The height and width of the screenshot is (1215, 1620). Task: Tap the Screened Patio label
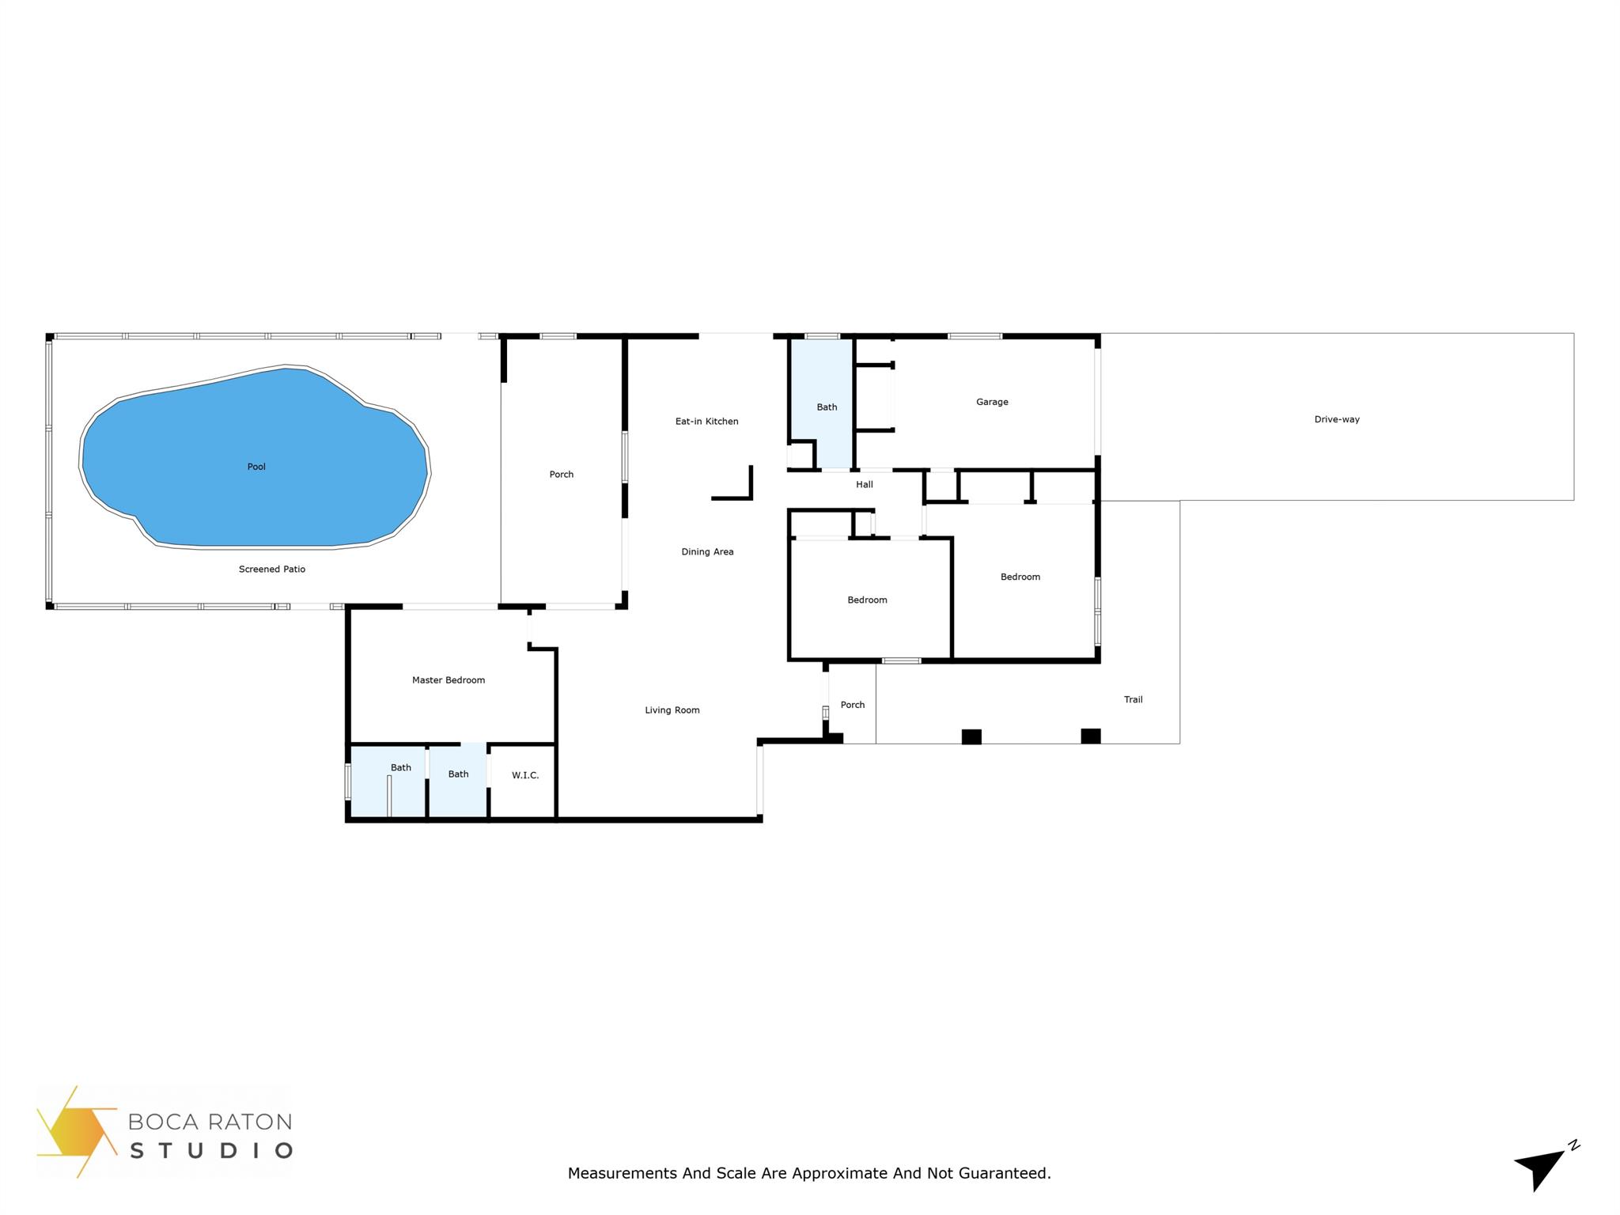click(x=272, y=570)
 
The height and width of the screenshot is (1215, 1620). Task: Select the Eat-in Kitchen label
click(x=706, y=422)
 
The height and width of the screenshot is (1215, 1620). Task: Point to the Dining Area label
click(x=707, y=552)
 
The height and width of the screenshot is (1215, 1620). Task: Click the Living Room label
click(x=672, y=710)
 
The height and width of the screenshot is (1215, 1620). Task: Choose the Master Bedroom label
click(x=449, y=680)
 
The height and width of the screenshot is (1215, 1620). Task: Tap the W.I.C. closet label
click(x=525, y=775)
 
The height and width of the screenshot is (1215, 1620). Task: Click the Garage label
click(x=992, y=402)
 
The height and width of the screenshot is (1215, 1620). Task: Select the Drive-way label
click(x=1337, y=419)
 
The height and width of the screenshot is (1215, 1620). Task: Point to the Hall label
click(x=865, y=484)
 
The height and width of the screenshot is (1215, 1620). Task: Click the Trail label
click(x=1134, y=699)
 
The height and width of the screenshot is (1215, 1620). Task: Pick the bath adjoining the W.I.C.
click(x=458, y=780)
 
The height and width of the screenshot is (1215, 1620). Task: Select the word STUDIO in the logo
click(x=211, y=1150)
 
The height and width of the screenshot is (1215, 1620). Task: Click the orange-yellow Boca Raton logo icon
click(x=76, y=1132)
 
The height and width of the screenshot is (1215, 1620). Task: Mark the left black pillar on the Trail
click(x=971, y=736)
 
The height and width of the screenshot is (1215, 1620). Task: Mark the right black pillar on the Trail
click(x=1091, y=736)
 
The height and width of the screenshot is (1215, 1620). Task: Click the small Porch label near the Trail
click(x=853, y=705)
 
